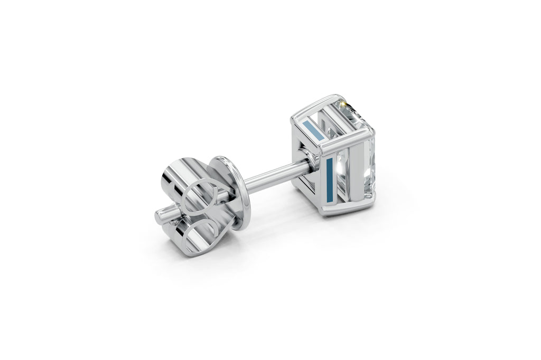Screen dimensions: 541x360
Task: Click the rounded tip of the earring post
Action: click(x=159, y=216)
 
